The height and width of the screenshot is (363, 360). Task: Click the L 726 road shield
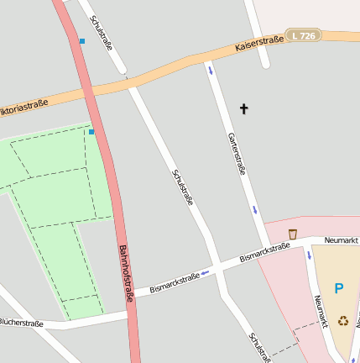point(303,35)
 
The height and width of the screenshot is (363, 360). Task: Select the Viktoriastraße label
point(23,106)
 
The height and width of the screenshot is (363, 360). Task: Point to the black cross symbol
point(244,108)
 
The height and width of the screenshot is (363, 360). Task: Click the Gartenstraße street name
point(237,154)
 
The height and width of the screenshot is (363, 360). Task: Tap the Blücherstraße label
point(21,323)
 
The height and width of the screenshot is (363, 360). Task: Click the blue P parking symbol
point(339,288)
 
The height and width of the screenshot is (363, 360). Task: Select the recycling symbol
point(343,320)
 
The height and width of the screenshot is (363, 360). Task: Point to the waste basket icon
point(293,234)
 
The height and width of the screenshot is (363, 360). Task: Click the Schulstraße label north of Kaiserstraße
point(101,33)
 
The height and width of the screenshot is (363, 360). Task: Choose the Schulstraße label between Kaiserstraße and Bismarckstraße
point(183,187)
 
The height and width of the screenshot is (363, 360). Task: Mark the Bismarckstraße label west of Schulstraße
point(175,283)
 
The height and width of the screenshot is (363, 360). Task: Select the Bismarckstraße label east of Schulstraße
point(264,252)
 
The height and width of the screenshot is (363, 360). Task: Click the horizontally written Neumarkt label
point(340,240)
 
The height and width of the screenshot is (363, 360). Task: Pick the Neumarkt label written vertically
point(319,311)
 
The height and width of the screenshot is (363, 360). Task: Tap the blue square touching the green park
point(91,131)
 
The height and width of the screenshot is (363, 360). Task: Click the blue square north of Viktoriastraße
point(81,40)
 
